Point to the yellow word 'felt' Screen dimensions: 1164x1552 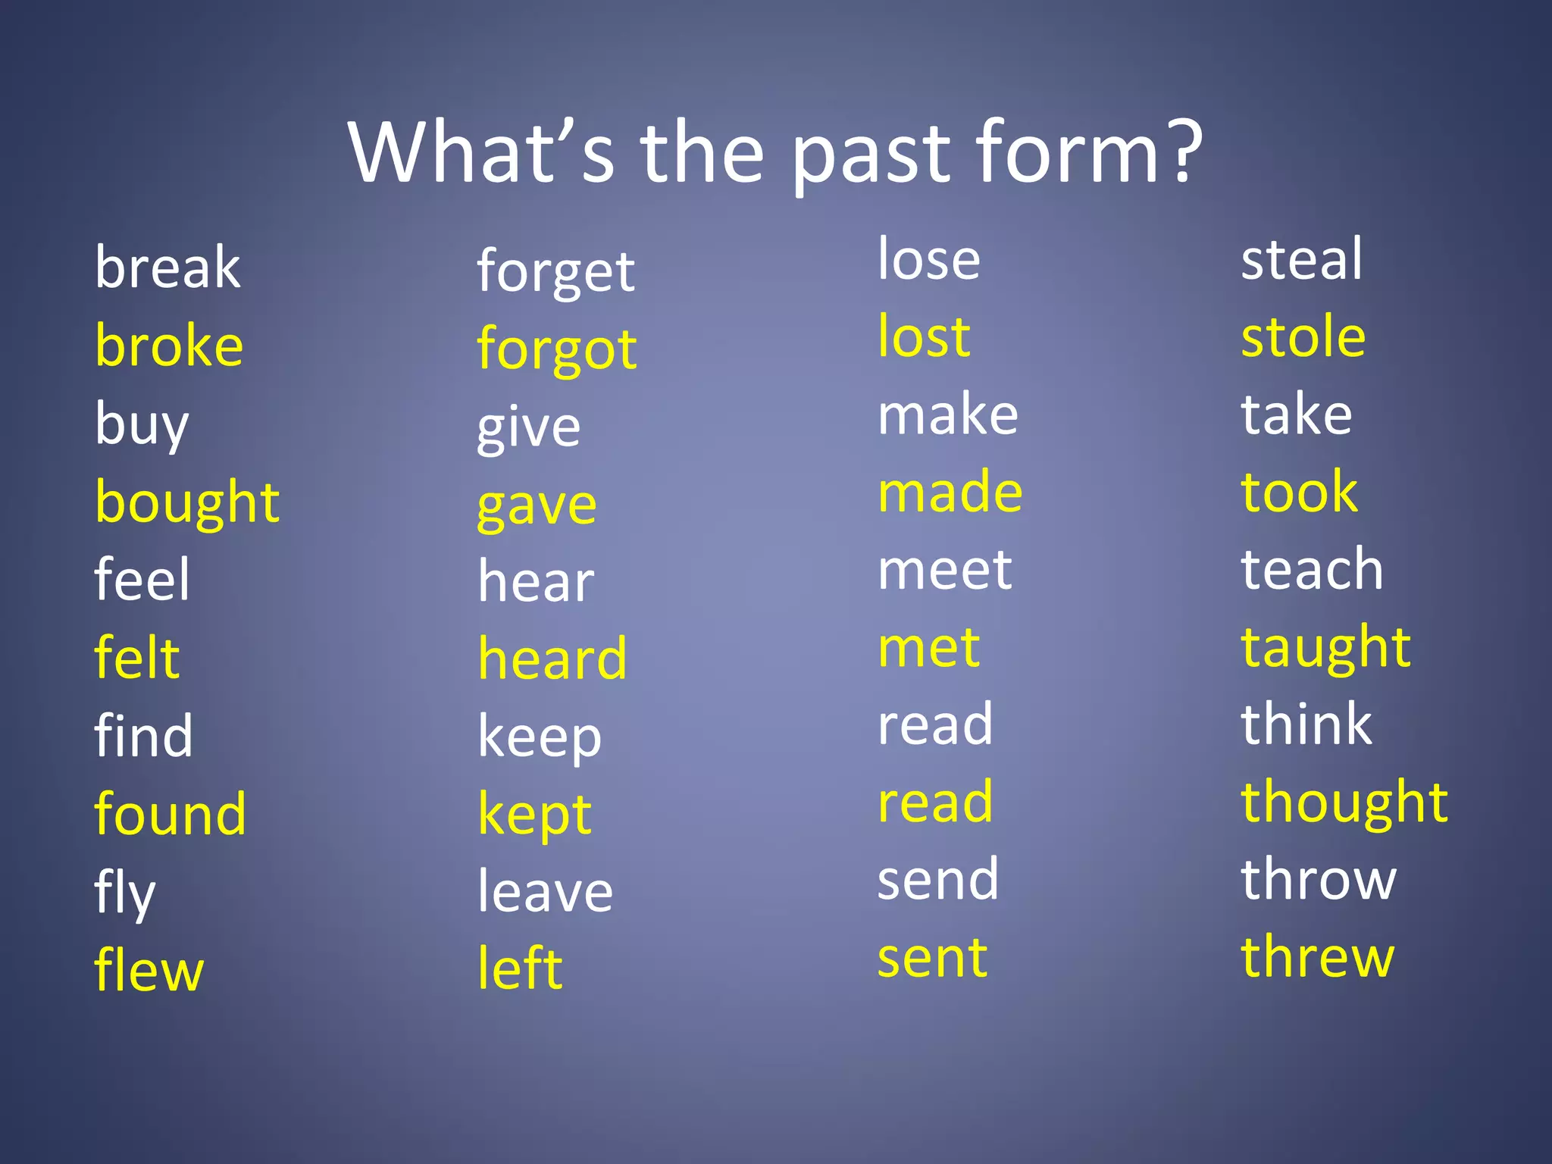(x=137, y=657)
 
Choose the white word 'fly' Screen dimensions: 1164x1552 (x=125, y=893)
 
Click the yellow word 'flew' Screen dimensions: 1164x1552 (x=149, y=970)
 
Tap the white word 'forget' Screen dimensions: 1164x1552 (x=555, y=272)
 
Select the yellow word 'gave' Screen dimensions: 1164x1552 (x=537, y=505)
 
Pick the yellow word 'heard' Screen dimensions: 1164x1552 (x=552, y=659)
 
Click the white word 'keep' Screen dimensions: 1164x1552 (x=540, y=737)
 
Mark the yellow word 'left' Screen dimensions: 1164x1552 (x=520, y=968)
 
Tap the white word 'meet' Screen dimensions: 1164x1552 (x=944, y=570)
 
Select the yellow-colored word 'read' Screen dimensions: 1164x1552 (x=935, y=802)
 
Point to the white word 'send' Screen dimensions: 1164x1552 (x=938, y=880)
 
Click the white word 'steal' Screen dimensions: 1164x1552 (x=1301, y=259)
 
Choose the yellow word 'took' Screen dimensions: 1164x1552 (x=1299, y=492)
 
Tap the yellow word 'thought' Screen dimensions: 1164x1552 (x=1344, y=803)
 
